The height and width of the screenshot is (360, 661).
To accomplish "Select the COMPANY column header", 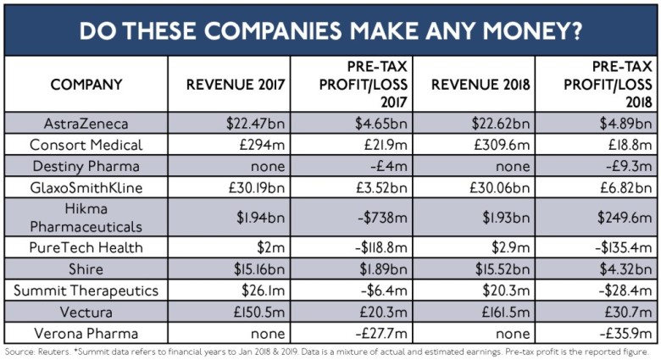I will click(86, 85).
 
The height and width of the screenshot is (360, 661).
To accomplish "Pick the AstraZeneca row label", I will click(86, 122).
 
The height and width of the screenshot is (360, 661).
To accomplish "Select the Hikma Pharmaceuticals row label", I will click(86, 217).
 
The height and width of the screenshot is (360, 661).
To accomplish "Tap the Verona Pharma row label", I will click(86, 333).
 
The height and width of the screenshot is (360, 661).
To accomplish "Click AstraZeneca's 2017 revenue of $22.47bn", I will click(254, 122).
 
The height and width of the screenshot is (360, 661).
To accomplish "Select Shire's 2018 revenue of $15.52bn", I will click(498, 270).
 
